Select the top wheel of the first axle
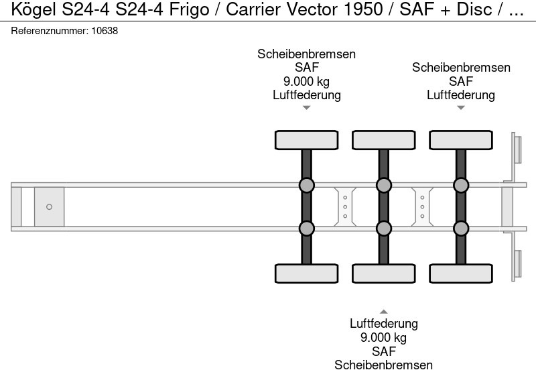[x=306, y=140]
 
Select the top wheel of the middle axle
[x=383, y=140]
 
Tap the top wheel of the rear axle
[x=461, y=140]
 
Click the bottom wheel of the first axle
[x=306, y=273]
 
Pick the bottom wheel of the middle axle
[x=383, y=273]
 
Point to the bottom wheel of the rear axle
[x=461, y=273]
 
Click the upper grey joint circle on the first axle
[x=306, y=185]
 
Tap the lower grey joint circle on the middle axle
[x=383, y=229]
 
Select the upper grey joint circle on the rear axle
[x=461, y=185]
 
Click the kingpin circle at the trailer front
[x=49, y=206]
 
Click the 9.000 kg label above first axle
[x=306, y=82]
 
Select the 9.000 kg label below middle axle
[x=383, y=337]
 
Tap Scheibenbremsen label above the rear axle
[x=461, y=68]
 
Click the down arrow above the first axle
[x=306, y=107]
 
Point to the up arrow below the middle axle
[x=383, y=311]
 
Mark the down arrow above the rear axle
[x=461, y=107]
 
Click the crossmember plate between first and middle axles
[x=344, y=206]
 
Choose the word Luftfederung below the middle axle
[x=383, y=324]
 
